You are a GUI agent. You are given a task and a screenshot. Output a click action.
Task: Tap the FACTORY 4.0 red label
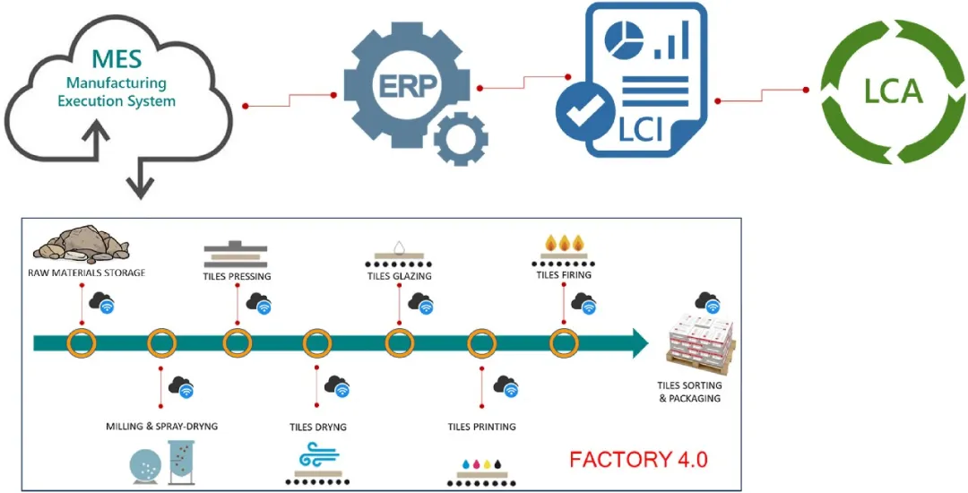point(638,460)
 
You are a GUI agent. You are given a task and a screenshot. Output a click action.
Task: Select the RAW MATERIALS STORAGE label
point(87,272)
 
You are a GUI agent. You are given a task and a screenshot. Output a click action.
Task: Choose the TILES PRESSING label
point(237,276)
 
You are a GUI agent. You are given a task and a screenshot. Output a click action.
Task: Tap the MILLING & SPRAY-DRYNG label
point(161,426)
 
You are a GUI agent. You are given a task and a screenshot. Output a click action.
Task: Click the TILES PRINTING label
point(481,426)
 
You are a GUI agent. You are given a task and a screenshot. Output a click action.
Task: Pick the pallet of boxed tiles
point(704,346)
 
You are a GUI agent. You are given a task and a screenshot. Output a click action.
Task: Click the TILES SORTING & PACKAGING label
point(689,392)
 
